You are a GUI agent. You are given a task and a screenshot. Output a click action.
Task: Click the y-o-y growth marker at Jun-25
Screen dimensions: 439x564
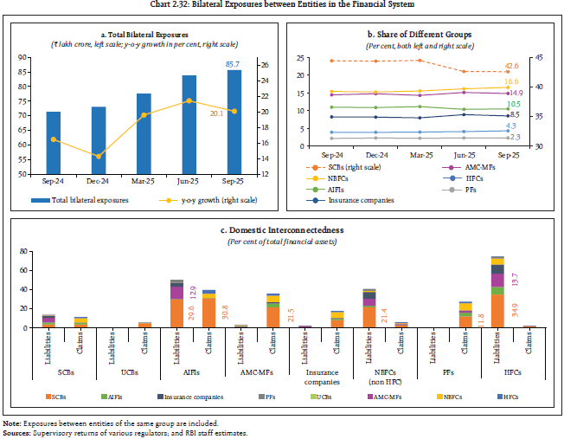click(x=189, y=101)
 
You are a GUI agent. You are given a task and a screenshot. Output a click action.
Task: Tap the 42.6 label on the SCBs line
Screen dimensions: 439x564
click(x=511, y=66)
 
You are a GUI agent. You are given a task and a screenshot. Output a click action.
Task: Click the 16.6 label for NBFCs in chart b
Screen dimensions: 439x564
click(x=511, y=81)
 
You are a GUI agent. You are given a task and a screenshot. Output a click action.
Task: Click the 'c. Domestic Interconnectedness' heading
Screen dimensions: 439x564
click(x=281, y=230)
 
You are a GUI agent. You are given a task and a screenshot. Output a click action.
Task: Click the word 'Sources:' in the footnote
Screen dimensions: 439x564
click(x=18, y=430)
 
